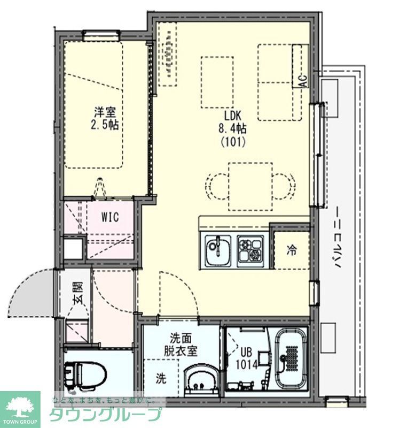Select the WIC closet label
110,217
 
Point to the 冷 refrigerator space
291,250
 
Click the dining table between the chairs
250,187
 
